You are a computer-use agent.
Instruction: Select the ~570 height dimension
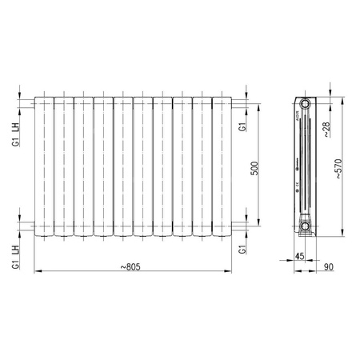point(340,170)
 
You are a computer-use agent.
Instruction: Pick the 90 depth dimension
point(328,267)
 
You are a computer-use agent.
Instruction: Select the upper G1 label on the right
point(241,128)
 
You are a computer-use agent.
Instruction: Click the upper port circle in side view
point(305,103)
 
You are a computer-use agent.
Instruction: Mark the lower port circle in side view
point(305,227)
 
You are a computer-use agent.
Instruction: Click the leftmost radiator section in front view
point(43,166)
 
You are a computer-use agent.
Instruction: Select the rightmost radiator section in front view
point(221,166)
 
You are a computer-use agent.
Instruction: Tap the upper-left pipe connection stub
point(30,103)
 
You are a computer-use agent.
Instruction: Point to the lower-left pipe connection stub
point(30,227)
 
